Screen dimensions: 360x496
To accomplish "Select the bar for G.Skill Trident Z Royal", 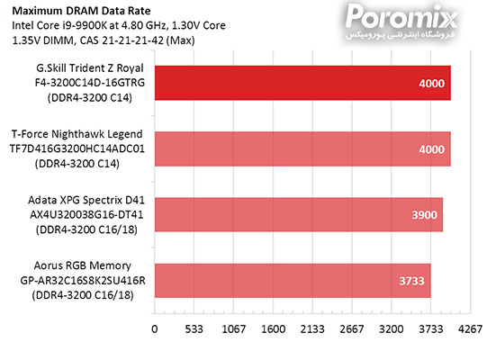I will click(302, 84).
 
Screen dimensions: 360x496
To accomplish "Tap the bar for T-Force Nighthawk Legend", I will click(302, 148).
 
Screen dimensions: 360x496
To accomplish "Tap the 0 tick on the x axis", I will click(155, 329).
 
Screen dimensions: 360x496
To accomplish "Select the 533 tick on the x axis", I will click(194, 329).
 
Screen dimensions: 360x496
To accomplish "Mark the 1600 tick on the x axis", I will click(272, 329).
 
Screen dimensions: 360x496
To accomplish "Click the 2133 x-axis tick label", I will click(311, 329).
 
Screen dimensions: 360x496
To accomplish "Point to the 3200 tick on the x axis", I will click(390, 329).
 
